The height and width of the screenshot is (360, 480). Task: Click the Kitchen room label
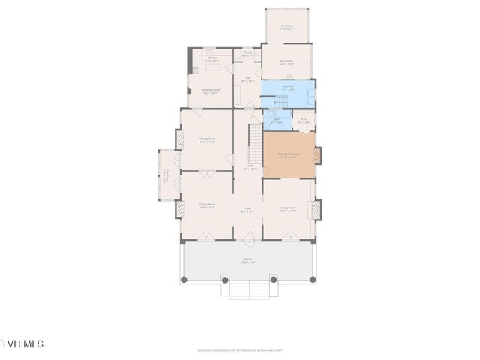click(x=212, y=58)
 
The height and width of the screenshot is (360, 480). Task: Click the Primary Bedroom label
click(x=289, y=156)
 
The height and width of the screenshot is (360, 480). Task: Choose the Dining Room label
click(x=207, y=140)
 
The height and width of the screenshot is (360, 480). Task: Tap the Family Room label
click(x=207, y=205)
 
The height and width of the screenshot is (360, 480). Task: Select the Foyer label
click(x=247, y=210)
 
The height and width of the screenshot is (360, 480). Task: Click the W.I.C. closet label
click(x=304, y=120)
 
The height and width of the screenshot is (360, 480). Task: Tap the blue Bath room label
click(x=277, y=120)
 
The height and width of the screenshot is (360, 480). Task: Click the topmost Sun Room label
click(x=286, y=27)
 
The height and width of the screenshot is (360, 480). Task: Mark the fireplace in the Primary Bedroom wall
click(x=317, y=156)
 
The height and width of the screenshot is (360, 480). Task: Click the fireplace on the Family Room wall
click(x=180, y=208)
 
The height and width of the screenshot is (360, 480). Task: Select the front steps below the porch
click(x=247, y=289)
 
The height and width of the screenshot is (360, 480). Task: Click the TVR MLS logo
click(x=22, y=343)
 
